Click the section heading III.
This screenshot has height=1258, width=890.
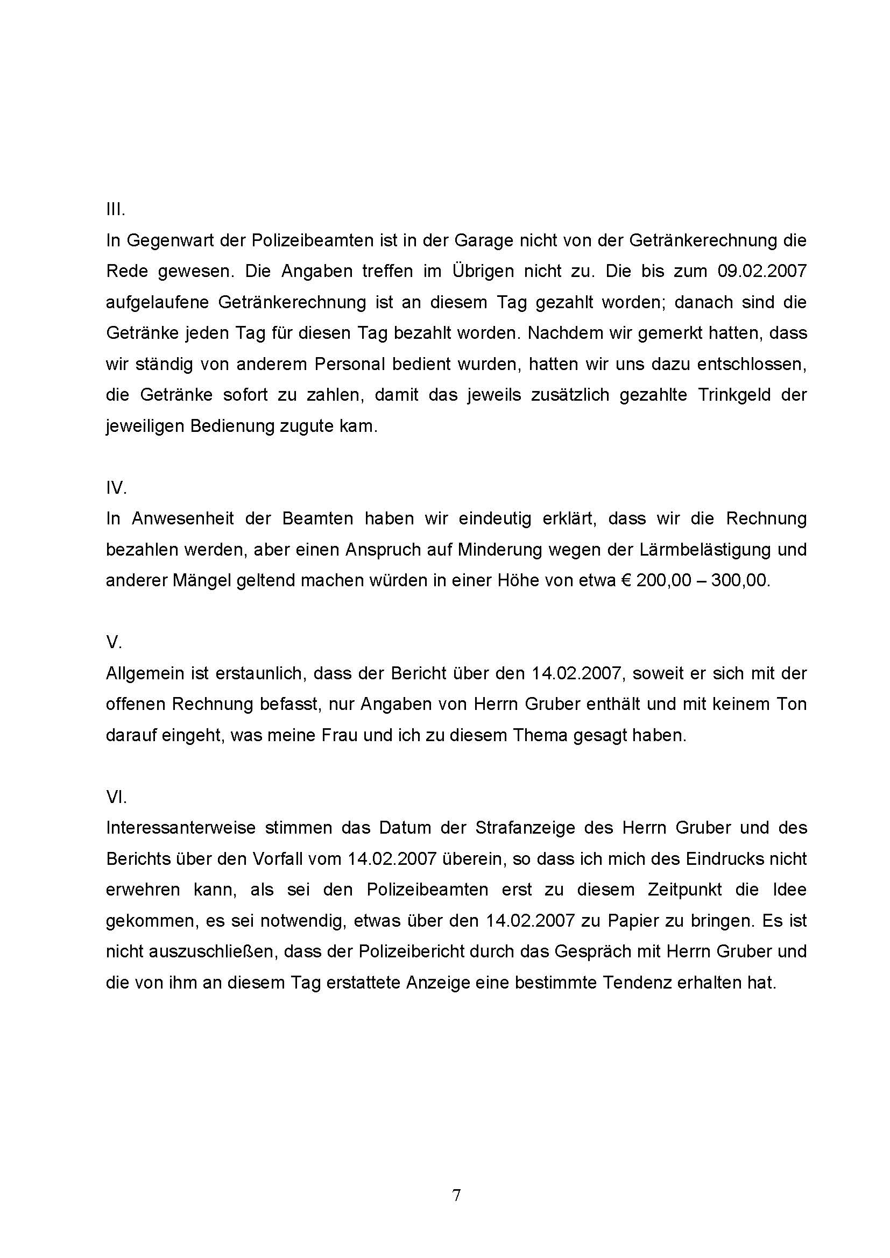tap(116, 209)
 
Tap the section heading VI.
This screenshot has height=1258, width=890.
tap(116, 797)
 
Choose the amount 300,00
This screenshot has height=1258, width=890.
tap(739, 581)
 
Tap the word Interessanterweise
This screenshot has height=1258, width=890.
tap(181, 828)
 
